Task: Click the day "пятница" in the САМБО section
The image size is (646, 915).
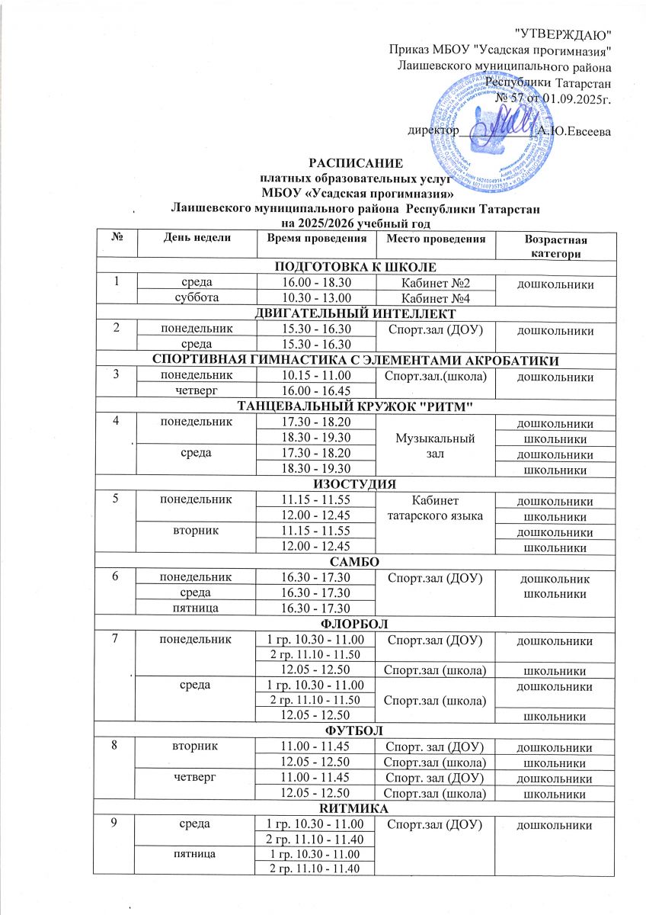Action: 195,608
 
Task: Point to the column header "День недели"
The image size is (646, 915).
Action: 195,239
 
